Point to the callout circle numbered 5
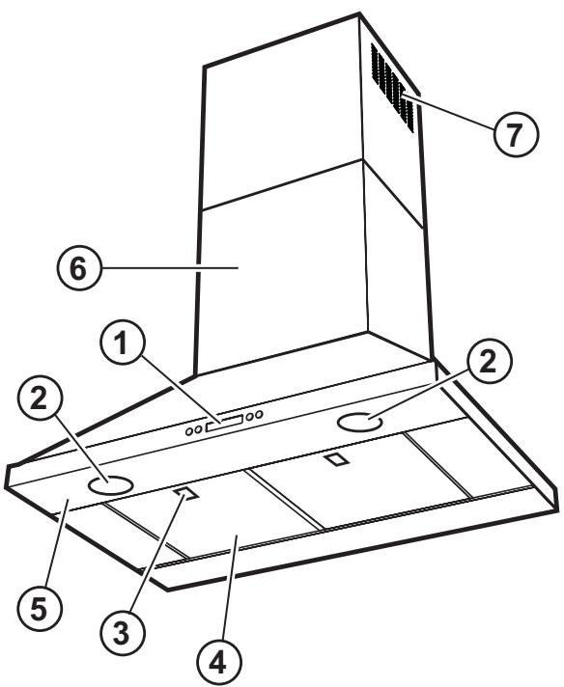(39, 606)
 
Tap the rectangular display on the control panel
(223, 421)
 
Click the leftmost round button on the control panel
(189, 430)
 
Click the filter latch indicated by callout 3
(187, 495)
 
